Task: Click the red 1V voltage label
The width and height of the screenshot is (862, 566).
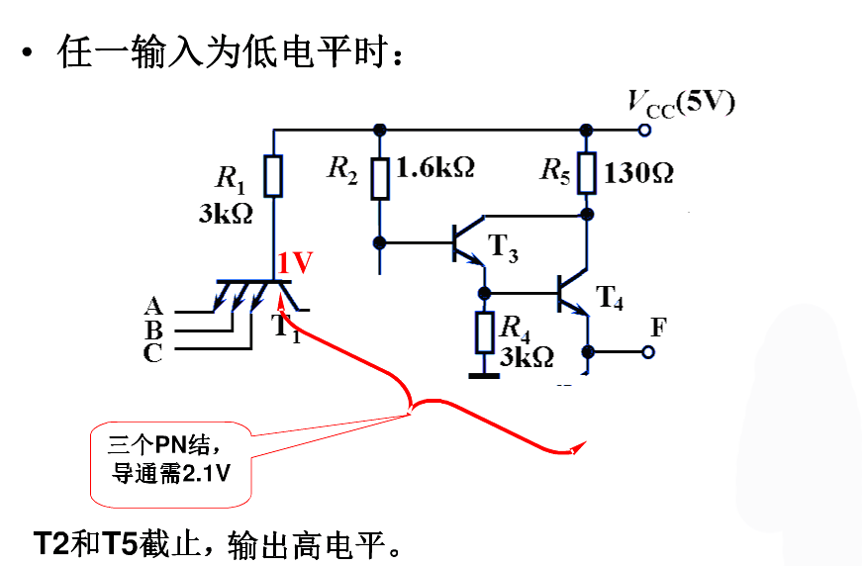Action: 295,263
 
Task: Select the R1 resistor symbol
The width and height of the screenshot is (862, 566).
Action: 274,176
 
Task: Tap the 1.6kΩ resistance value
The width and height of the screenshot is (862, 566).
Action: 434,167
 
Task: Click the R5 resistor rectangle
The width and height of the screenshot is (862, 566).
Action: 586,173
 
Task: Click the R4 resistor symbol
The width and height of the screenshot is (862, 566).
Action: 484,332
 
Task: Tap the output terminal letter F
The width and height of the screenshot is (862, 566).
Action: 658,328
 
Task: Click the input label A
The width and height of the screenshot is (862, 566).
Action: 153,306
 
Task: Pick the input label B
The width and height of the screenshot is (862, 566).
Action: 153,330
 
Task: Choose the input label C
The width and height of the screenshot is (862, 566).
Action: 153,352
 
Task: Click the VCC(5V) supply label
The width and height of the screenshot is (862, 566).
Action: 681,103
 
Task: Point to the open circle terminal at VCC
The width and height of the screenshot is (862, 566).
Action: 645,130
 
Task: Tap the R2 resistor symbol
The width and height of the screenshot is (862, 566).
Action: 380,178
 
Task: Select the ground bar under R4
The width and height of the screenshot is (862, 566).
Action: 484,374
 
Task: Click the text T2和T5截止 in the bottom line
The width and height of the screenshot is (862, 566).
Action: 129,544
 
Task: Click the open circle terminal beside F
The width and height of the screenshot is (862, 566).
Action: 649,351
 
